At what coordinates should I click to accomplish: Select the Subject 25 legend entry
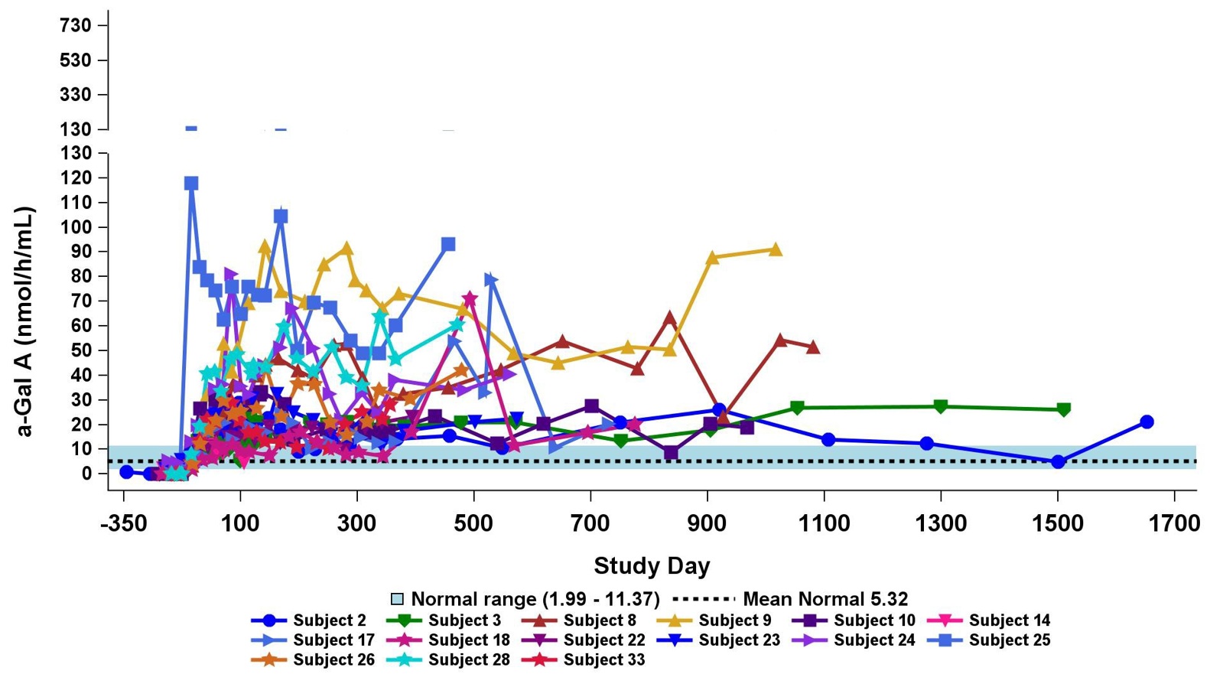1009,640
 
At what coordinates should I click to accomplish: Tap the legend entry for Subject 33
603,659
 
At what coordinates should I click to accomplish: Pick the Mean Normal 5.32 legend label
825,599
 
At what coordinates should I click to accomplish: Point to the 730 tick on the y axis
76,26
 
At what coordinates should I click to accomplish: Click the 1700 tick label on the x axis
1174,524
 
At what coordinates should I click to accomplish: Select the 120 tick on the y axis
76,177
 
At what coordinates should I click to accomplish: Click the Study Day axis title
652,566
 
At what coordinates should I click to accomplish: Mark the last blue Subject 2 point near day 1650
1146,422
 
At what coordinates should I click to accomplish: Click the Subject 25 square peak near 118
191,184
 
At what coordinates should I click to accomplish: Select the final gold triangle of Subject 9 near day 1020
776,250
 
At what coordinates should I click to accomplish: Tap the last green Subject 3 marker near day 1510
1063,410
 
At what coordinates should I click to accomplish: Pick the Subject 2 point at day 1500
1058,461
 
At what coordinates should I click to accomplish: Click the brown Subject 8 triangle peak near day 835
670,318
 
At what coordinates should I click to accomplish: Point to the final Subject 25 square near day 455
448,244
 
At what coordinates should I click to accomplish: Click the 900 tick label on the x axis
707,524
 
